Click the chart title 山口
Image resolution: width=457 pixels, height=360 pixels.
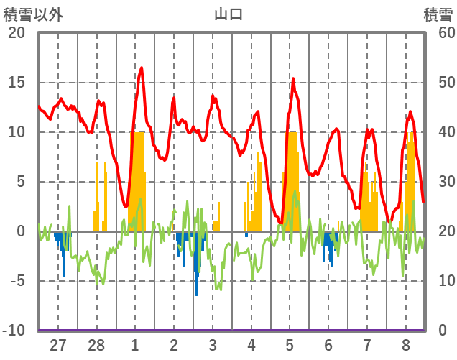228,14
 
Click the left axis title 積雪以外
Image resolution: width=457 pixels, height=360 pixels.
33,14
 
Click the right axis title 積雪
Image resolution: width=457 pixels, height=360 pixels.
438,14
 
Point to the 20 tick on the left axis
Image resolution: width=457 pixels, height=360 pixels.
17,33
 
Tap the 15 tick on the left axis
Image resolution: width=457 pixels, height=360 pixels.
17,83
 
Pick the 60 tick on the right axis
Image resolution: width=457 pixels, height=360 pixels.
439,33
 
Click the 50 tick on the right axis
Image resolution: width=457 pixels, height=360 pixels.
439,83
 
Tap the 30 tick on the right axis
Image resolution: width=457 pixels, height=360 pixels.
439,182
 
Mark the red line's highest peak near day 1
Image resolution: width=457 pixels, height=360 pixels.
142,68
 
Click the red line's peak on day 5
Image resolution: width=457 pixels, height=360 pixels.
292,79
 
